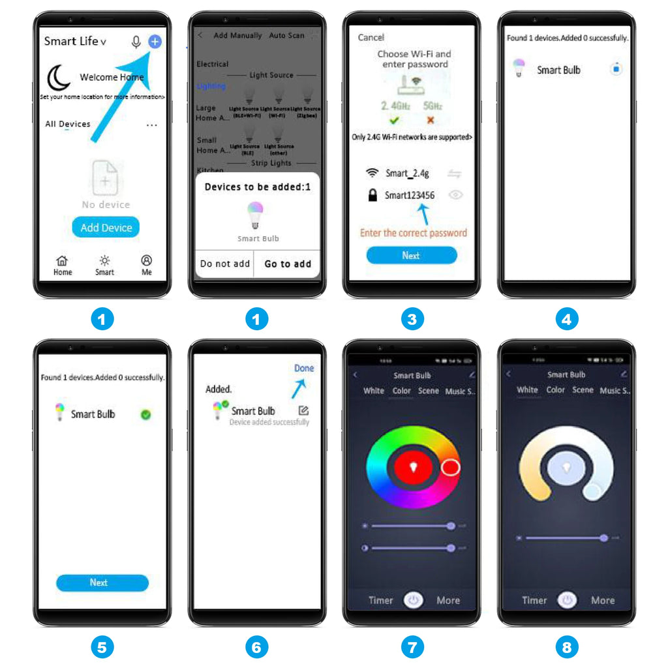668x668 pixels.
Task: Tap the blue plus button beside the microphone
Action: pyautogui.click(x=155, y=42)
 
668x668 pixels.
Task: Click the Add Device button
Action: pyautogui.click(x=106, y=228)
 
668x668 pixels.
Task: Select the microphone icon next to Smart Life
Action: pyautogui.click(x=136, y=42)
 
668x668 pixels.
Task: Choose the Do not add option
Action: pyautogui.click(x=224, y=264)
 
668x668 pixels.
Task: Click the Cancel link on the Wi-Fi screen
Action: pyautogui.click(x=371, y=37)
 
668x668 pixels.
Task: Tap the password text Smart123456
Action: pyautogui.click(x=409, y=195)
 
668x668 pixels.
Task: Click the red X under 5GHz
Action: pyautogui.click(x=430, y=120)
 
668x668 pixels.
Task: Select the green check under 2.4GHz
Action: pyautogui.click(x=395, y=120)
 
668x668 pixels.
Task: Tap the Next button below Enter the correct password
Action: pyautogui.click(x=411, y=256)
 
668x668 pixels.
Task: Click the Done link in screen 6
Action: pyautogui.click(x=304, y=369)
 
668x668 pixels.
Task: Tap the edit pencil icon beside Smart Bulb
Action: pyautogui.click(x=303, y=410)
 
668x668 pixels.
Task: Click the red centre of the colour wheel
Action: pyautogui.click(x=412, y=467)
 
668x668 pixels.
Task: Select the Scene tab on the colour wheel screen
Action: pyautogui.click(x=429, y=391)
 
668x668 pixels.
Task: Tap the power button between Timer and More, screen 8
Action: pyautogui.click(x=568, y=600)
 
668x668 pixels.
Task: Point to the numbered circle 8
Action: pyautogui.click(x=567, y=646)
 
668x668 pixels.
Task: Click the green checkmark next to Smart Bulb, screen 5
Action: pyautogui.click(x=145, y=414)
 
